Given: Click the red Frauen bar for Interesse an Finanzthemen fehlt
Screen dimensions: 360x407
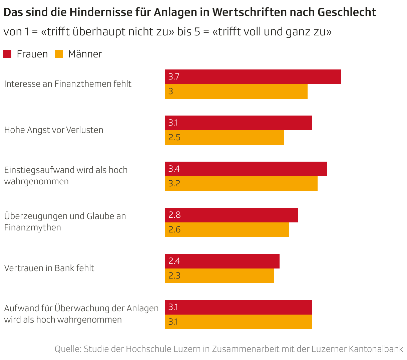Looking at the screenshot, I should pos(253,77).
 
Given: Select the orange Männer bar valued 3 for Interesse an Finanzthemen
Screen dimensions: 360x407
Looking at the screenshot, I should pos(236,92).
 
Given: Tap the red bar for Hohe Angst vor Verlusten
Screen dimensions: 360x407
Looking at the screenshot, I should pos(238,123).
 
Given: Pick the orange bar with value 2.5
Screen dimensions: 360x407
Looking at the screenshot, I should pos(224,138).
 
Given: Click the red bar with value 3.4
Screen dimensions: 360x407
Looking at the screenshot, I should pos(246,169).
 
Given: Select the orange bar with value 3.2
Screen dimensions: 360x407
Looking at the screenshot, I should pos(241,184).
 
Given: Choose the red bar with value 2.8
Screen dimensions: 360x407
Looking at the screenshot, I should pos(231,215).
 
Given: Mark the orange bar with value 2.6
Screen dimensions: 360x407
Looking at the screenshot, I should pos(227,230).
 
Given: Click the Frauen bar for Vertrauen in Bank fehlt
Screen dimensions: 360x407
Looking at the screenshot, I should pos(222,261).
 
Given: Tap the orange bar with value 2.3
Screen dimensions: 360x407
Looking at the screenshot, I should pos(219,276).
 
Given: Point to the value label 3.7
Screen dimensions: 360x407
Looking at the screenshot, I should pos(174,77).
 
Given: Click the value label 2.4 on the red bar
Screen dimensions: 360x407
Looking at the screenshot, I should pos(174,261).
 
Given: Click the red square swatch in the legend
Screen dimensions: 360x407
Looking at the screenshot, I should pos(7,54).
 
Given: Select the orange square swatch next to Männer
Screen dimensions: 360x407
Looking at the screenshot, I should pos(59,54).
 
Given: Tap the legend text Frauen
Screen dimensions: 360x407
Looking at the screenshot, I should pos(32,54).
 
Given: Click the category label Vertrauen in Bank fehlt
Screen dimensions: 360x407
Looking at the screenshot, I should pos(49,268).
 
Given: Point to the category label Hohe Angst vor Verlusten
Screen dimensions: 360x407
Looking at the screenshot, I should pos(54,130).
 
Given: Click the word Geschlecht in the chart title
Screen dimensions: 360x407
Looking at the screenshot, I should pos(347,12).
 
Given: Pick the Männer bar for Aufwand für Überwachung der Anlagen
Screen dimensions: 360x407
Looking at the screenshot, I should pos(238,322).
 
